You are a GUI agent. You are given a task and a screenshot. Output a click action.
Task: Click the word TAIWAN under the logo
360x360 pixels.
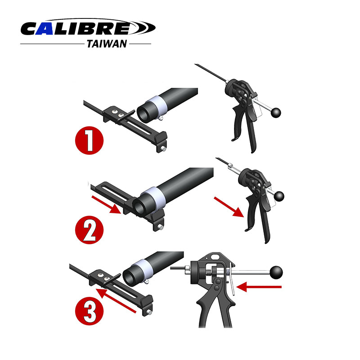coord(107,44)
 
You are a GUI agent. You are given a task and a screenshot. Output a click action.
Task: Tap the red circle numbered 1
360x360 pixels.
coord(89,140)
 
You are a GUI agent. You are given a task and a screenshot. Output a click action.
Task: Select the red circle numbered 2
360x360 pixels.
coord(89,230)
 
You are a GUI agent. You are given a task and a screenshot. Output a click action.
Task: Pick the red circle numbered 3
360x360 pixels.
coord(89,311)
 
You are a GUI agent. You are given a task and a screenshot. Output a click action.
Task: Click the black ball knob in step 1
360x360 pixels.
coord(276,112)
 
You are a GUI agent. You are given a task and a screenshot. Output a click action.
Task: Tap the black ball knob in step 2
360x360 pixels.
coord(279,196)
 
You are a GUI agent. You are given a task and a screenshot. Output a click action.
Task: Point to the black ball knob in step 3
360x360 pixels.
coord(276,272)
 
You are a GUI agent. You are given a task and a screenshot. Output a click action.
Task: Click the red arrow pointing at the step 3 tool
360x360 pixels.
coord(259,287)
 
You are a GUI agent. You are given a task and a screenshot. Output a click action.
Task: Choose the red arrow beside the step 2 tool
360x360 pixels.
coord(229,207)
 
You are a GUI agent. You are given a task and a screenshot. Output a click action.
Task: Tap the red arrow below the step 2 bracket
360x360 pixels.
coord(106,205)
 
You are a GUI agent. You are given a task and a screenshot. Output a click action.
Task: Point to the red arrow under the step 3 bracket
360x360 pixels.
coord(116,300)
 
